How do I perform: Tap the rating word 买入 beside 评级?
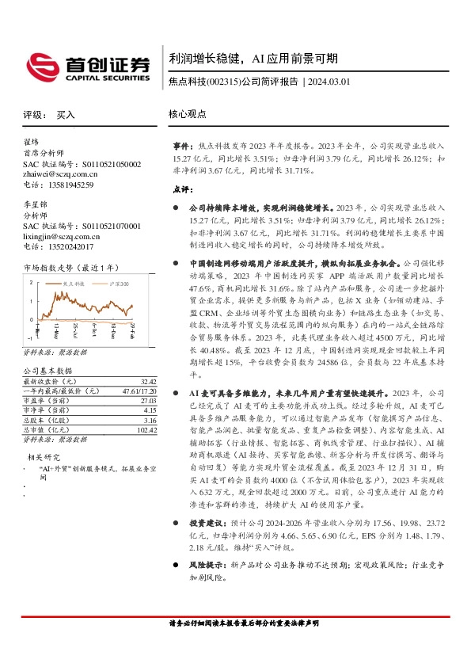pos(66,115)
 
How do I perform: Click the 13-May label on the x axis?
pos(56,329)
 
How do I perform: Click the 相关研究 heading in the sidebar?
pos(46,457)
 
